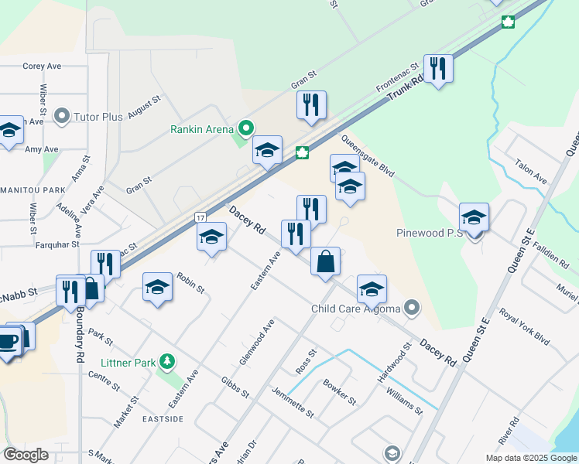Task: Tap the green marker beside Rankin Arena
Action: click(246, 128)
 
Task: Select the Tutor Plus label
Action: click(98, 117)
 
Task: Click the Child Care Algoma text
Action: click(355, 309)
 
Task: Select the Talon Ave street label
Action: click(531, 172)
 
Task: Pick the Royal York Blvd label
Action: click(525, 328)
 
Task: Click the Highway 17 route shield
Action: click(200, 218)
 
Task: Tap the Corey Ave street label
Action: click(42, 67)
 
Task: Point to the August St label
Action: click(144, 107)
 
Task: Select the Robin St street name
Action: click(190, 283)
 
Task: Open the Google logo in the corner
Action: click(26, 455)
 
